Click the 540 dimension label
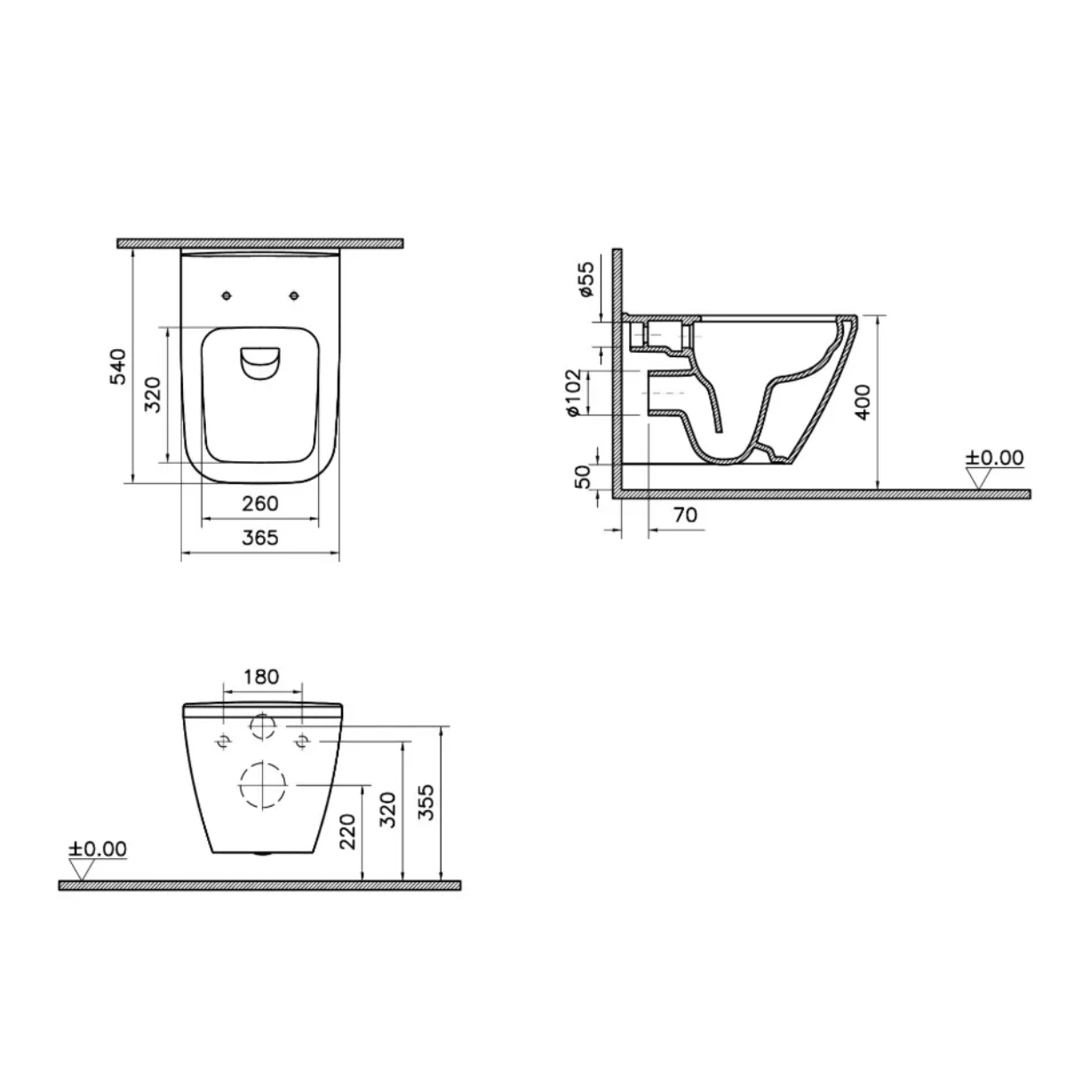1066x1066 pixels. tap(119, 366)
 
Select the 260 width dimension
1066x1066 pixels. tap(259, 504)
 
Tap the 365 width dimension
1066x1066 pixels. tap(259, 537)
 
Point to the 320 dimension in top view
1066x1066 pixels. tap(153, 394)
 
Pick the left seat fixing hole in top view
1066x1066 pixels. tap(226, 295)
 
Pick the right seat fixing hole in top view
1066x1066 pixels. tap(294, 295)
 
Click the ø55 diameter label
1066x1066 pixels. tap(585, 279)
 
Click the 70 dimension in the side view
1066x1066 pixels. tap(684, 514)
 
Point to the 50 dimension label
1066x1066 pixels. tap(584, 475)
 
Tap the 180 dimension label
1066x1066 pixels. tap(260, 676)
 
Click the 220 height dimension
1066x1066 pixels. tap(348, 831)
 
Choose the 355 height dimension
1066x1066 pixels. tap(426, 802)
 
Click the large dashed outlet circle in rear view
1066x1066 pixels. tap(262, 784)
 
